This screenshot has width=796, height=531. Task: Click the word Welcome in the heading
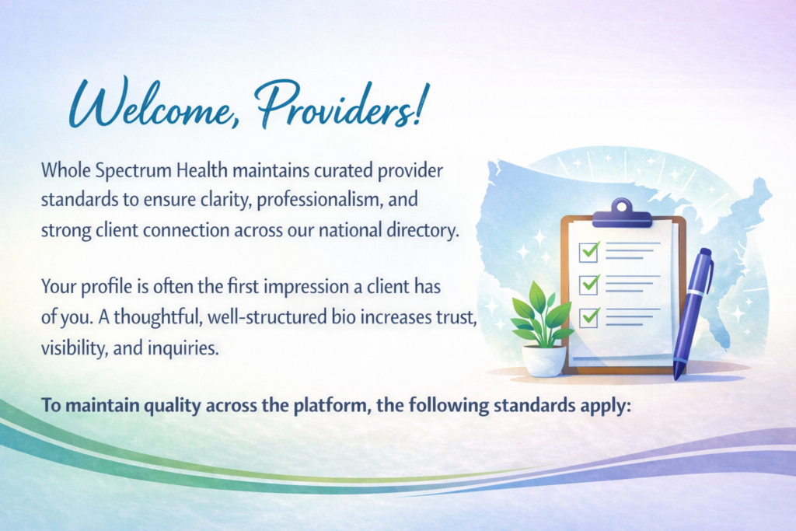pyautogui.click(x=150, y=103)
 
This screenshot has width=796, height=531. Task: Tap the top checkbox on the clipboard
pyautogui.click(x=589, y=251)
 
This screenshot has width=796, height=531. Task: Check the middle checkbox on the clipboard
pyautogui.click(x=589, y=285)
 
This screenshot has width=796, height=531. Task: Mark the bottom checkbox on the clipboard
pyautogui.click(x=589, y=317)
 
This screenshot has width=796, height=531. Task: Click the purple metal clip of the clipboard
pyautogui.click(x=622, y=215)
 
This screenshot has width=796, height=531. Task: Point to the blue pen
pyautogui.click(x=693, y=313)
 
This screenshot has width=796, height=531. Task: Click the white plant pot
pyautogui.click(x=543, y=361)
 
